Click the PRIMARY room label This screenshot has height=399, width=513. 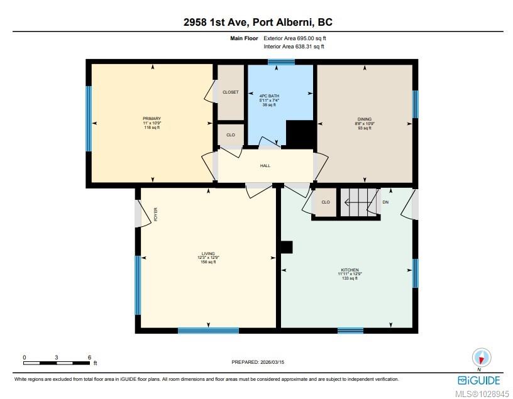click(x=152, y=118)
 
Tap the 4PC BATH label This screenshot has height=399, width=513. click(x=269, y=96)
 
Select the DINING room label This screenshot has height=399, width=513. click(x=365, y=119)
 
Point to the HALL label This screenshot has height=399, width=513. click(x=265, y=166)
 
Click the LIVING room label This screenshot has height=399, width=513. click(x=208, y=253)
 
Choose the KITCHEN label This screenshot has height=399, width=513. click(x=350, y=270)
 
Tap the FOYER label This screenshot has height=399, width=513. click(x=156, y=214)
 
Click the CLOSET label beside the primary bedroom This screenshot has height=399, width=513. click(x=231, y=92)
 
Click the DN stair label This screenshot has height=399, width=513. click(x=385, y=202)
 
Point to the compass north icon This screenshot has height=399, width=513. click(x=482, y=358)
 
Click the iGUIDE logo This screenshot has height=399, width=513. click(x=479, y=380)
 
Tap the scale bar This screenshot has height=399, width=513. click(x=57, y=363)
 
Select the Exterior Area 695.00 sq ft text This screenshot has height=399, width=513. click(x=295, y=38)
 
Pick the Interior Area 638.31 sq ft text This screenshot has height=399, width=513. click(x=294, y=46)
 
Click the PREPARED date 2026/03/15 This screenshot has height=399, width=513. click(x=258, y=362)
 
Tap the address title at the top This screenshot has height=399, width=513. click(x=258, y=22)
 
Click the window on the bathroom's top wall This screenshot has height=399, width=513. click(x=281, y=62)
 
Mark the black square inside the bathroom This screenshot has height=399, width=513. click(x=300, y=133)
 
